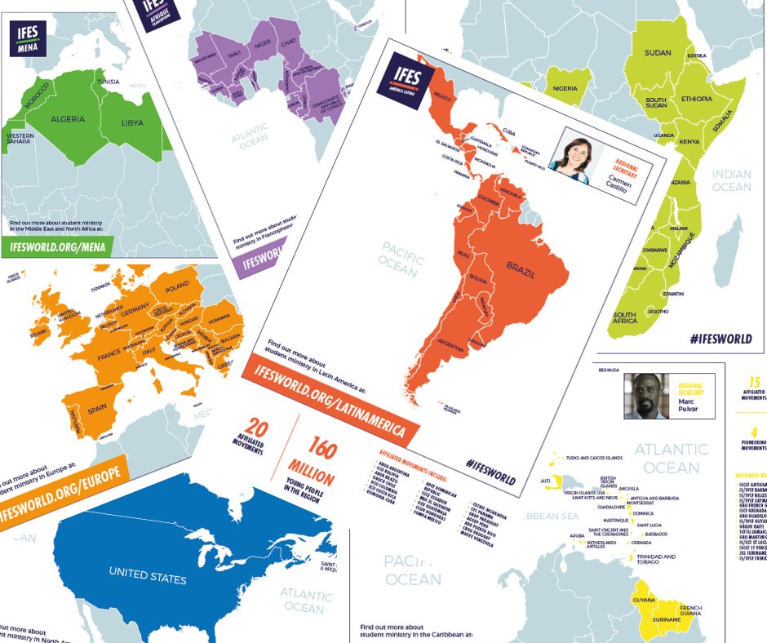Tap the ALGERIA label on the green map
coord(68,119)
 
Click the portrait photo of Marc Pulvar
coord(646,395)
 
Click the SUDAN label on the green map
coord(657,53)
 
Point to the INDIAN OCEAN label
coord(731,180)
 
